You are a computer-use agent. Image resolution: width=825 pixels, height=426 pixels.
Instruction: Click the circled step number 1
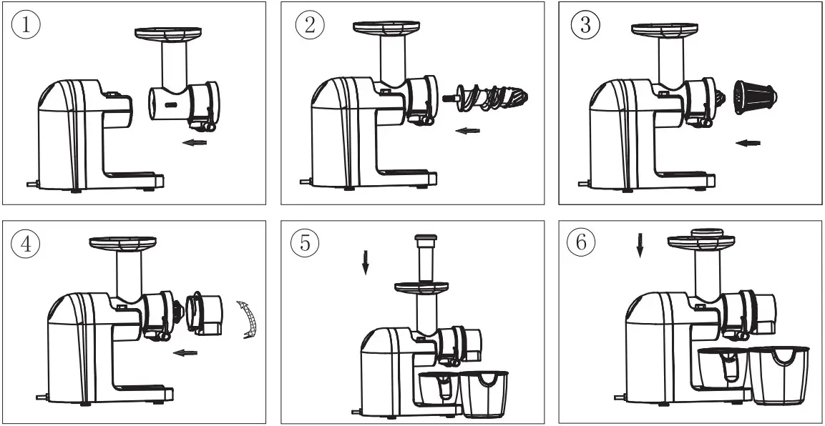[x=25, y=25]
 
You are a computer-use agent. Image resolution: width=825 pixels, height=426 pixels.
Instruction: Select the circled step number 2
[x=310, y=25]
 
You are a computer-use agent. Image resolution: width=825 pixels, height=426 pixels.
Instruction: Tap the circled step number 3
[x=585, y=25]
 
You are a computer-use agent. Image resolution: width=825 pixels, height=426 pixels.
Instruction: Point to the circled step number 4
[x=25, y=244]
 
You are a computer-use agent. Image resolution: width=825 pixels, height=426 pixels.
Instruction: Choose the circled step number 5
[x=305, y=244]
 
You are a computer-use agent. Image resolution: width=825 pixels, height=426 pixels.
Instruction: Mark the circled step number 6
[x=580, y=244]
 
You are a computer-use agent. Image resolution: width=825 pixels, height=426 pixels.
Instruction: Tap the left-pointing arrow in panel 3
[x=748, y=144]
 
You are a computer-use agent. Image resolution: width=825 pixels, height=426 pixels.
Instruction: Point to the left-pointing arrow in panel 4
[x=187, y=352]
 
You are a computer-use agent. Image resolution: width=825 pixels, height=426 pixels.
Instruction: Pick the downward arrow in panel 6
[x=640, y=247]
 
